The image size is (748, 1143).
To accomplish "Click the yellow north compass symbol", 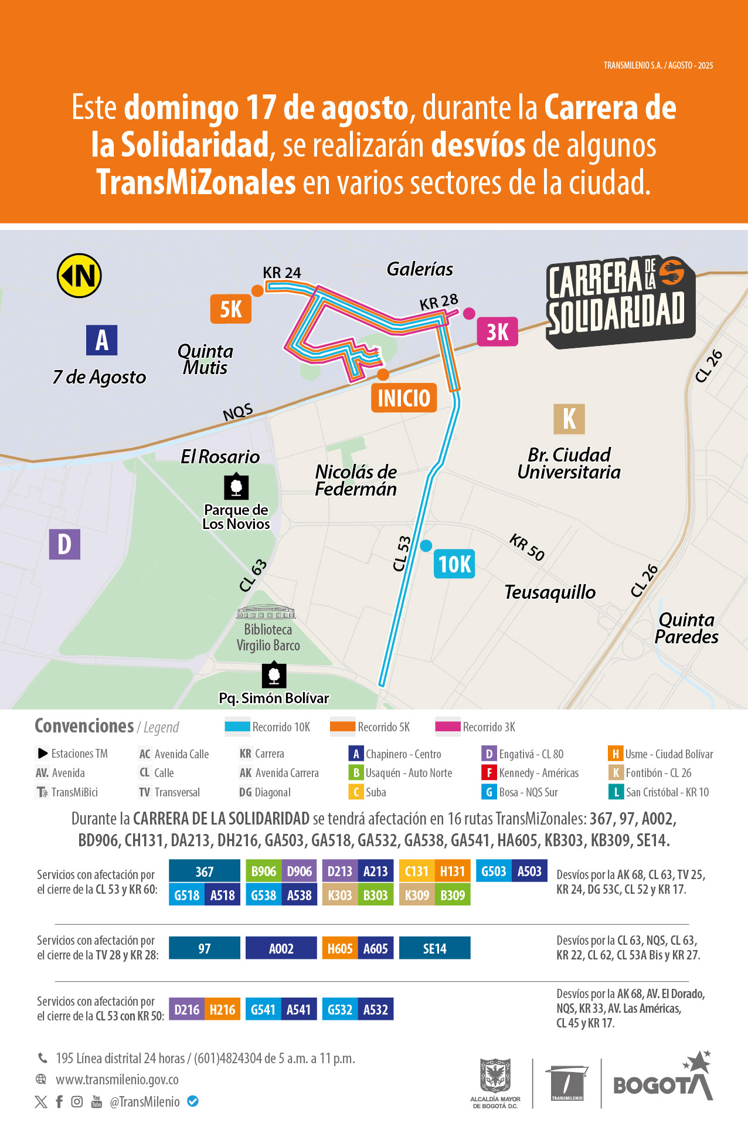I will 79,276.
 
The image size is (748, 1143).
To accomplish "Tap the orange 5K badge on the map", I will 231,309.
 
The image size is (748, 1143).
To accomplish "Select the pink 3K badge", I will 497,332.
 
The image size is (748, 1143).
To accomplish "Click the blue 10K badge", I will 454,564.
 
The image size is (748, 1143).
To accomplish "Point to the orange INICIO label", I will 404,398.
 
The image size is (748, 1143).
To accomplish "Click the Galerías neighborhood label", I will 420,269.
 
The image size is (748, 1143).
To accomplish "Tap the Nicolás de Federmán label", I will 356,480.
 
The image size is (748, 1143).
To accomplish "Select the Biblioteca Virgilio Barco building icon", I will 266,613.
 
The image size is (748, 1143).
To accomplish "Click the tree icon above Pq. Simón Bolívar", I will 274,676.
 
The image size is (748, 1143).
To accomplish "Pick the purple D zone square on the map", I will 64,544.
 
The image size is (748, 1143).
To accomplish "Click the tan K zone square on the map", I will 569,419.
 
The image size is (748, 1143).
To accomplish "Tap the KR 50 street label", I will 527,547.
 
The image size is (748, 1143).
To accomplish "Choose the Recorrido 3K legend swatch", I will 448,727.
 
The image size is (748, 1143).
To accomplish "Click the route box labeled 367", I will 205,871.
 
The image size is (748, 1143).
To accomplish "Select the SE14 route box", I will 434,948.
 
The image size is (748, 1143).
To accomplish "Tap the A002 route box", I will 281,948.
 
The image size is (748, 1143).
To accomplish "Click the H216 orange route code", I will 222,1009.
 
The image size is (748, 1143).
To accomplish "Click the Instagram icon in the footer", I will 77,1102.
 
